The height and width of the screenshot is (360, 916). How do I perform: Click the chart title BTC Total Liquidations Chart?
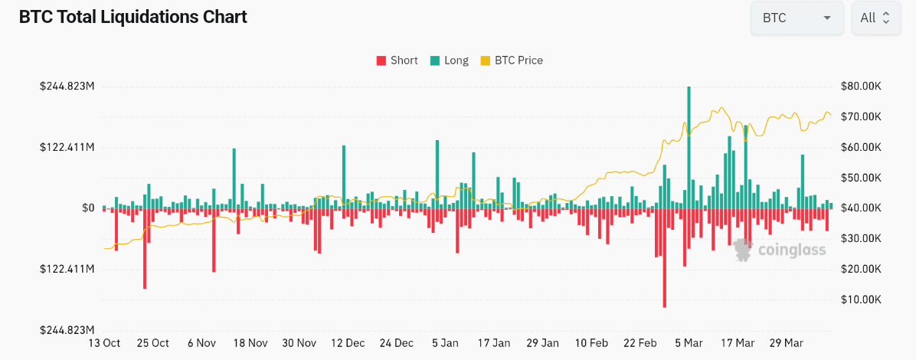pyautogui.click(x=132, y=17)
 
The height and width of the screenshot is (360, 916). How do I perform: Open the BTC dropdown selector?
pyautogui.click(x=797, y=18)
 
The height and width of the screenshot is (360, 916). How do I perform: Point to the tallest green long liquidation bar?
pyautogui.click(x=689, y=146)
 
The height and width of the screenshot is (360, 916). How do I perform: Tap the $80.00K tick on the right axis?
pyautogui.click(x=861, y=86)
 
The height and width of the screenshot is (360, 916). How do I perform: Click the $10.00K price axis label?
pyautogui.click(x=861, y=299)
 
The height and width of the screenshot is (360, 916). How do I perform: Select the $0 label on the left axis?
pyautogui.click(x=88, y=208)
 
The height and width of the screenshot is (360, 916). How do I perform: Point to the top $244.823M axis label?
pyautogui.click(x=67, y=86)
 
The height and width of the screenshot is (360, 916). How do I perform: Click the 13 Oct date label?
pyautogui.click(x=105, y=343)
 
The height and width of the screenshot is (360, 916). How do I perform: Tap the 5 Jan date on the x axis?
pyautogui.click(x=445, y=343)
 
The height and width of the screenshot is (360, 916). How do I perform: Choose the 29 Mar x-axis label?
pyautogui.click(x=787, y=343)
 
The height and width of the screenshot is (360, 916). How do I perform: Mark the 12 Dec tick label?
pyautogui.click(x=348, y=343)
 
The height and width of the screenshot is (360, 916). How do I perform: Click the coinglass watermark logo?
pyautogui.click(x=779, y=250)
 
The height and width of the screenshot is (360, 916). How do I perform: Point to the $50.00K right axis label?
pyautogui.click(x=861, y=178)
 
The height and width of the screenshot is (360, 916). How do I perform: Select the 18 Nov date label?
pyautogui.click(x=250, y=343)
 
